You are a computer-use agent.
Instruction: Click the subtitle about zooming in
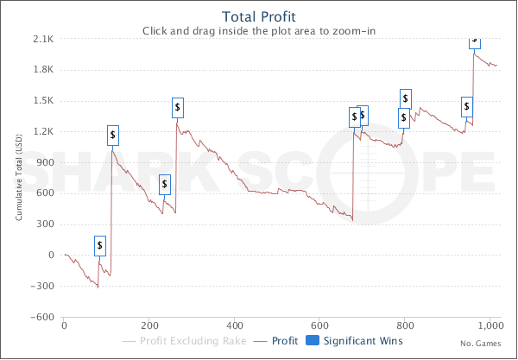click(x=259, y=31)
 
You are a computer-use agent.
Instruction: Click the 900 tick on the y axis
click(x=47, y=162)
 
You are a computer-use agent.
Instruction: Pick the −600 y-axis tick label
click(x=43, y=317)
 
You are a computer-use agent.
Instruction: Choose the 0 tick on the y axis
click(x=52, y=256)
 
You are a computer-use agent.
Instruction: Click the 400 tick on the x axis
click(x=235, y=325)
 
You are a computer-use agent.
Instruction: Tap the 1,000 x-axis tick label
click(x=489, y=325)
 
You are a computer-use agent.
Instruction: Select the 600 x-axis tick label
click(x=320, y=325)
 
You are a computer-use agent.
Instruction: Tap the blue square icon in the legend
click(x=313, y=342)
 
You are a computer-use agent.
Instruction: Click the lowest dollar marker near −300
click(x=100, y=245)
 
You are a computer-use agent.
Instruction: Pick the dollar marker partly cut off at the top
click(x=475, y=41)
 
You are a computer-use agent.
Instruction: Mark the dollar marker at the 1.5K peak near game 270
click(x=178, y=108)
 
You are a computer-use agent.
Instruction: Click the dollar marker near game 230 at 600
click(x=165, y=185)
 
